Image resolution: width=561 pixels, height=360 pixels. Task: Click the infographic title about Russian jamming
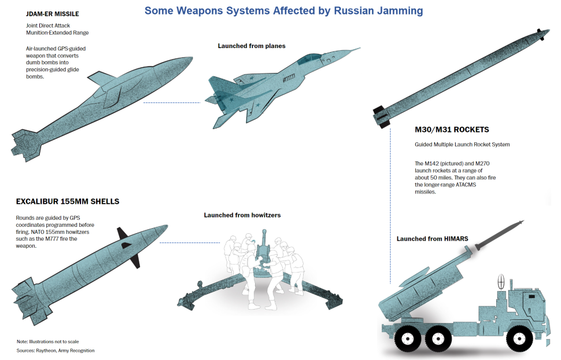283,11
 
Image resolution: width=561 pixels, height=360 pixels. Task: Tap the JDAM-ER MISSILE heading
52,14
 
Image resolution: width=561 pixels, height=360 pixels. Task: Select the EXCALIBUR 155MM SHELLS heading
68,201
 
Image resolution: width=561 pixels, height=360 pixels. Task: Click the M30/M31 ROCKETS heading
452,130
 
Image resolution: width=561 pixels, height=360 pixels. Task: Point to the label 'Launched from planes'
252,46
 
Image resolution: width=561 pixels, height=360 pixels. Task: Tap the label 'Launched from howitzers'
242,215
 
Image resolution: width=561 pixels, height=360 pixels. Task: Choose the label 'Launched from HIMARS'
432,238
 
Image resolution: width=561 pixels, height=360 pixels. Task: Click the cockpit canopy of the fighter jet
309,58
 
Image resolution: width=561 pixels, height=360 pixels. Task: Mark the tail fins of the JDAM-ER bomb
24,145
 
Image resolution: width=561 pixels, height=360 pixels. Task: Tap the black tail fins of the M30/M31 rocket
381,116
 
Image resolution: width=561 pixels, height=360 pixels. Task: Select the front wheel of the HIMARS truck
518,339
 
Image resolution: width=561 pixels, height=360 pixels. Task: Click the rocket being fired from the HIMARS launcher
499,235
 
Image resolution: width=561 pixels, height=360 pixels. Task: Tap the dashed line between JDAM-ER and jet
172,103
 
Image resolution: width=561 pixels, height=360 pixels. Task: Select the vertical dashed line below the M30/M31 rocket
390,206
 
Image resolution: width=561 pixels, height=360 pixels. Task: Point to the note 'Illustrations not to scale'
54,341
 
